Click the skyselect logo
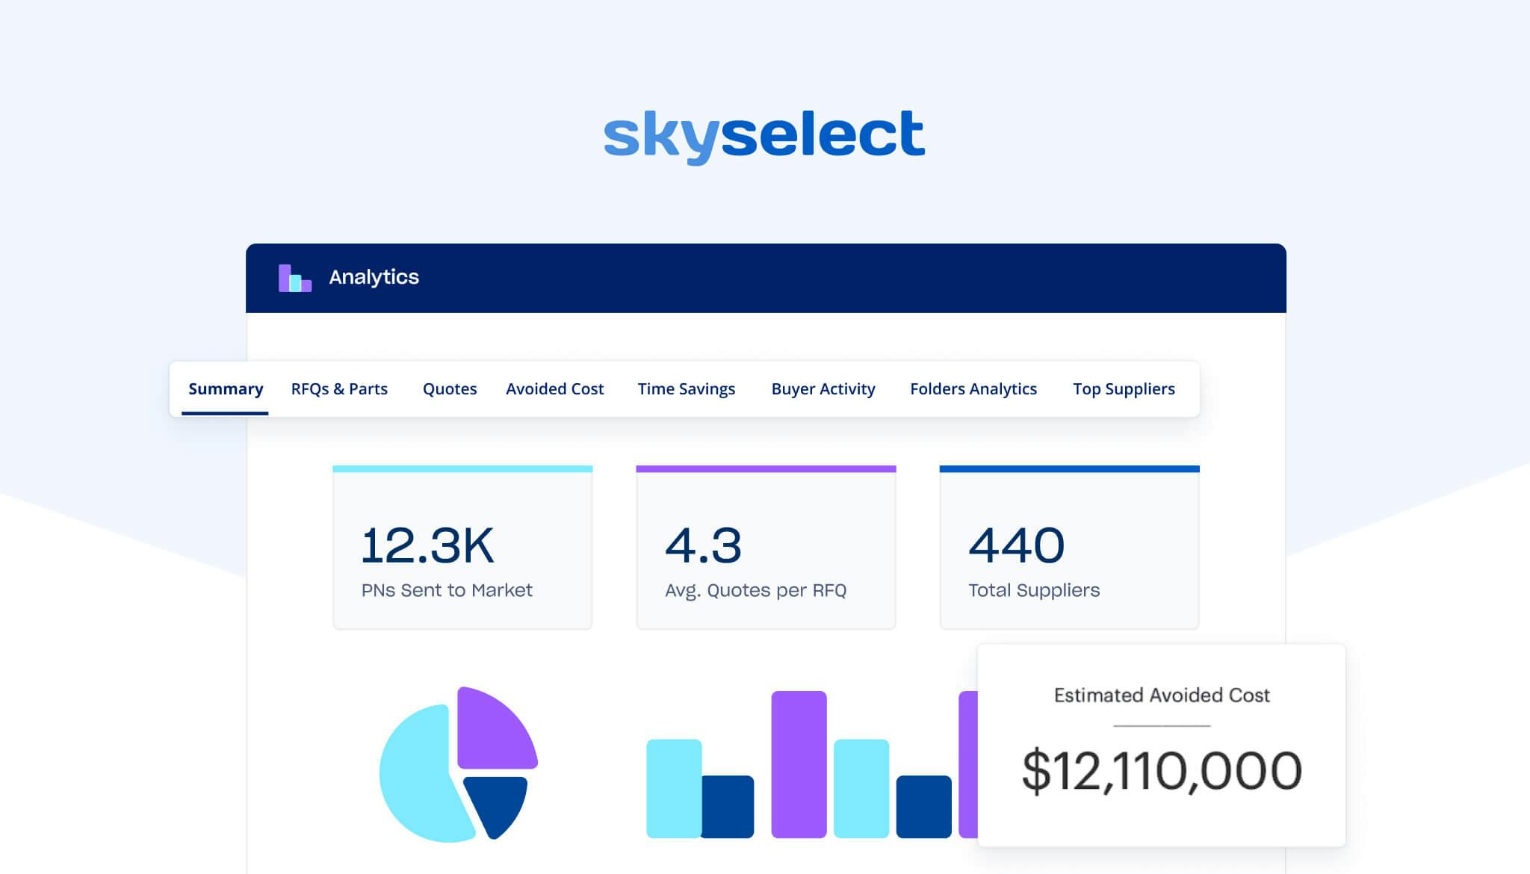pyautogui.click(x=764, y=135)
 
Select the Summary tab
pyautogui.click(x=226, y=389)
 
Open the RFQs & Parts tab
pyautogui.click(x=339, y=389)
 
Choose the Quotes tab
pyautogui.click(x=450, y=389)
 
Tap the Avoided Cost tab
pyautogui.click(x=554, y=389)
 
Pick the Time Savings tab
pyautogui.click(x=686, y=389)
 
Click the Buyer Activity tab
pyautogui.click(x=823, y=389)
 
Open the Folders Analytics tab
pyautogui.click(x=973, y=389)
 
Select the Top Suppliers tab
pyautogui.click(x=1124, y=389)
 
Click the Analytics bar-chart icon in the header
pyautogui.click(x=294, y=278)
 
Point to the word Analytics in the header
pyautogui.click(x=374, y=277)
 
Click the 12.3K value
pyautogui.click(x=427, y=545)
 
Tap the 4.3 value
pyautogui.click(x=703, y=545)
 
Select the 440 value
pyautogui.click(x=1016, y=545)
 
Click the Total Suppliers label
pyautogui.click(x=1034, y=590)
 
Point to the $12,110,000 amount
pyautogui.click(x=1162, y=771)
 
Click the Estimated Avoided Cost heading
pyautogui.click(x=1162, y=695)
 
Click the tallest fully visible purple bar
pyautogui.click(x=799, y=763)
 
